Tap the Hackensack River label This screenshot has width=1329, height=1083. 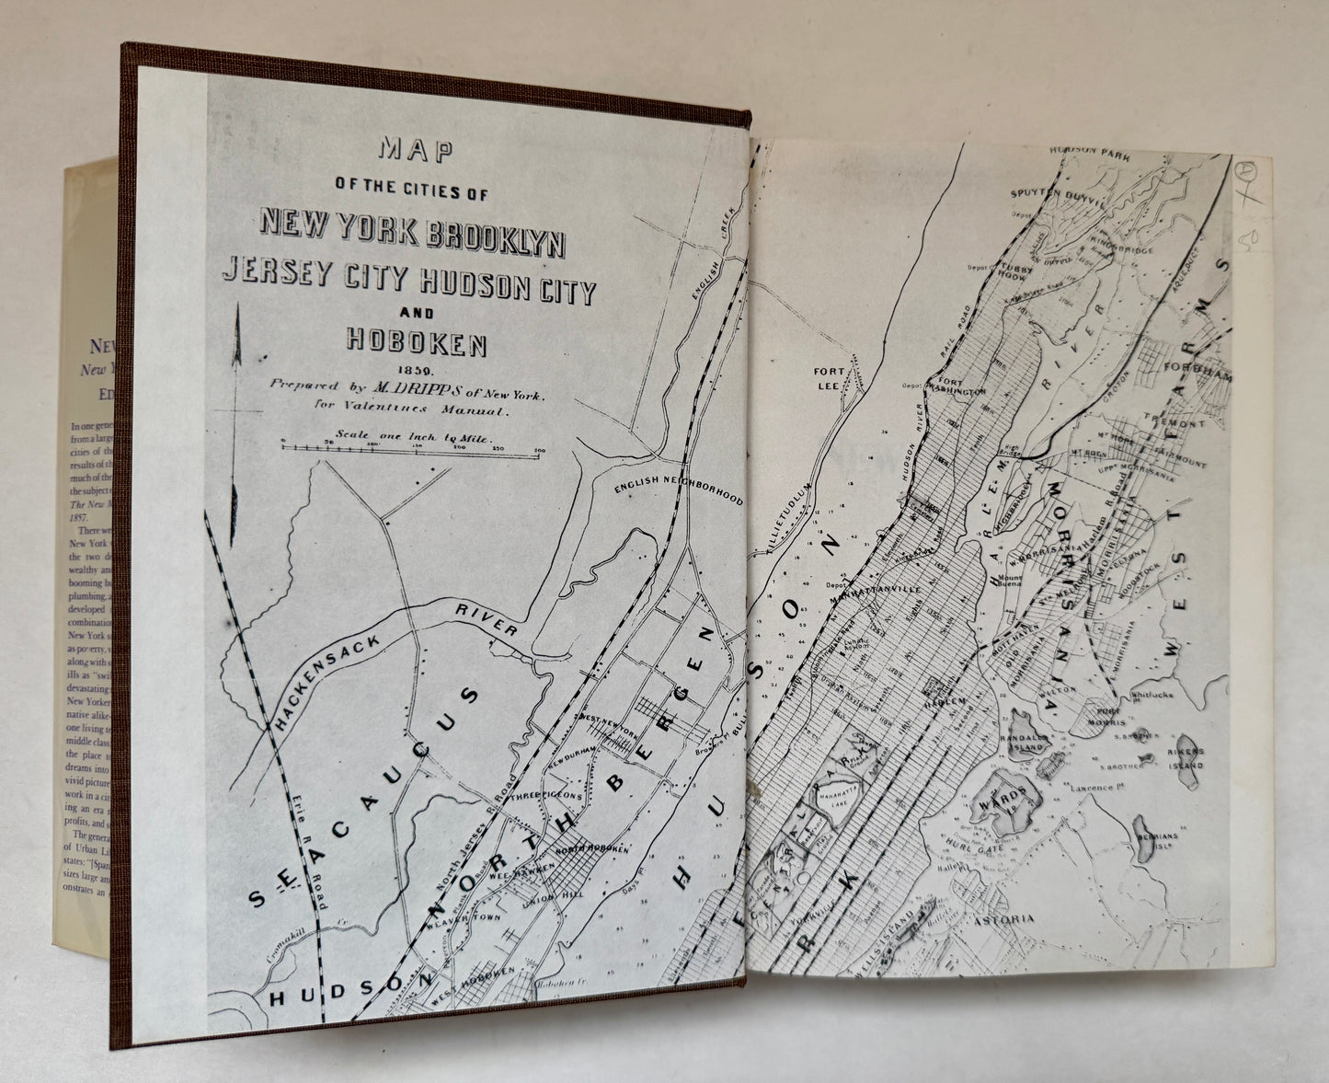pos(395,653)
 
